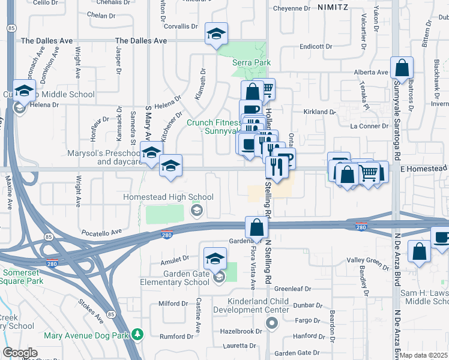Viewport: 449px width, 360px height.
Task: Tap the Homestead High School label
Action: pos(168,197)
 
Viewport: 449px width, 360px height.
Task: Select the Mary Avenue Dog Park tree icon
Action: pos(138,333)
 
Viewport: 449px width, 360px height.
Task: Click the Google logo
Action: pos(20,353)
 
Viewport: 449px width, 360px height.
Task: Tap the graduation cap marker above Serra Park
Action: pos(216,34)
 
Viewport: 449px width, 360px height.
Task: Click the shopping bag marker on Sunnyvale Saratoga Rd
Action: pos(402,68)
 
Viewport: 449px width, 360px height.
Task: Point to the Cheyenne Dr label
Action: pos(291,8)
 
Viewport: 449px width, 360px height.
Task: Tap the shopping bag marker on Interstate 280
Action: pos(256,227)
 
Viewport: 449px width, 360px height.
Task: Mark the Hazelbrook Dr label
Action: pos(242,331)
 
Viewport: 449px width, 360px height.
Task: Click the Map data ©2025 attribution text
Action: pos(424,355)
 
